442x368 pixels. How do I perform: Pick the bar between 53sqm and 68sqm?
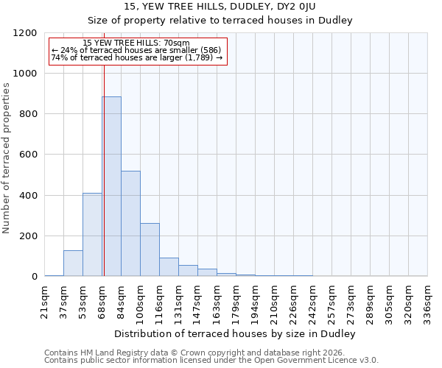(x=92, y=234)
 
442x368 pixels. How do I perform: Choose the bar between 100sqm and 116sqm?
(x=150, y=250)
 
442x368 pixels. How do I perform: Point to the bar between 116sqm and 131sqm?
(x=169, y=266)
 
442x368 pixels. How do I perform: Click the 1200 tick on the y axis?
(x=26, y=33)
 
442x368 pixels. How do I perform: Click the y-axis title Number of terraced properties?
(x=7, y=158)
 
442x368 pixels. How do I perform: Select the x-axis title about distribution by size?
(x=236, y=333)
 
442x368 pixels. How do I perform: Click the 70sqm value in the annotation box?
(x=178, y=43)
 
